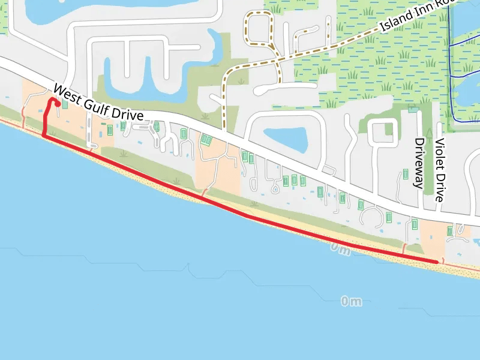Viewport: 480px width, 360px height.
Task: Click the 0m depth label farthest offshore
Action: coord(351,301)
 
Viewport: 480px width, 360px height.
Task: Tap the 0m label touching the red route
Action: coord(339,248)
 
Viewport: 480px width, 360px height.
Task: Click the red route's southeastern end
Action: coord(437,262)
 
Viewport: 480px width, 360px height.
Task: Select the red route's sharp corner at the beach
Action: coord(44,136)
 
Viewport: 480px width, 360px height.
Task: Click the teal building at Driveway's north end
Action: coord(412,109)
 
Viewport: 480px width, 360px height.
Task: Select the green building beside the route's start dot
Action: coord(64,104)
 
